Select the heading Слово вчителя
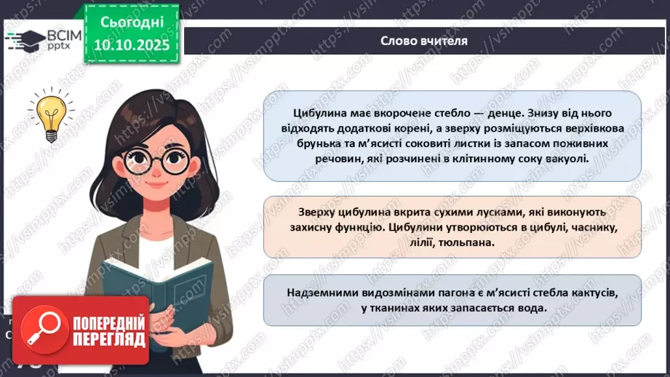tap(424, 40)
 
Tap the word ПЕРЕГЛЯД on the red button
tap(108, 338)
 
